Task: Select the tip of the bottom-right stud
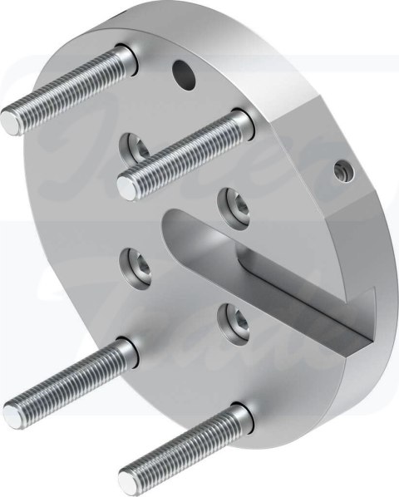click(127, 477)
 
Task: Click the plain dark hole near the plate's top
click(183, 75)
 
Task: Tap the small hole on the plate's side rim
click(339, 171)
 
